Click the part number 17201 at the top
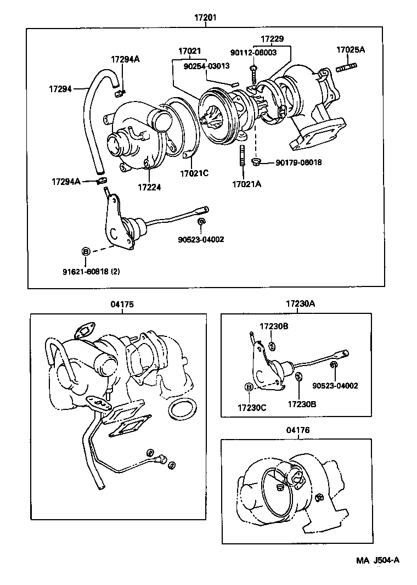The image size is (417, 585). pyautogui.click(x=205, y=18)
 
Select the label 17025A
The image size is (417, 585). pyautogui.click(x=351, y=50)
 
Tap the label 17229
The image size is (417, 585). pyautogui.click(x=272, y=40)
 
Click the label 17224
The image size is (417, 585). pyautogui.click(x=149, y=187)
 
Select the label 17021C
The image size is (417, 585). pyautogui.click(x=194, y=174)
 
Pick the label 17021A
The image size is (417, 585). pyautogui.click(x=246, y=184)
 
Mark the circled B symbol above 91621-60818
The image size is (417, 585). pyautogui.click(x=86, y=251)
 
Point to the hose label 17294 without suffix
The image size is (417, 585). pyautogui.click(x=60, y=88)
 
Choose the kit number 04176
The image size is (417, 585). pyautogui.click(x=297, y=430)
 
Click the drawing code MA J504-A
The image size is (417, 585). pyautogui.click(x=377, y=560)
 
